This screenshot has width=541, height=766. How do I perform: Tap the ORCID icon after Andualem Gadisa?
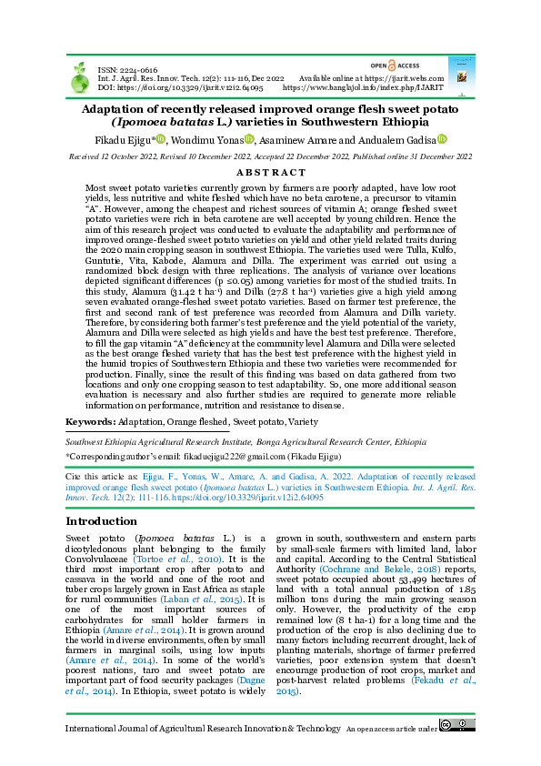click(x=443, y=139)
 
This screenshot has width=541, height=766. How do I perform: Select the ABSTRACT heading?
click(x=270, y=172)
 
